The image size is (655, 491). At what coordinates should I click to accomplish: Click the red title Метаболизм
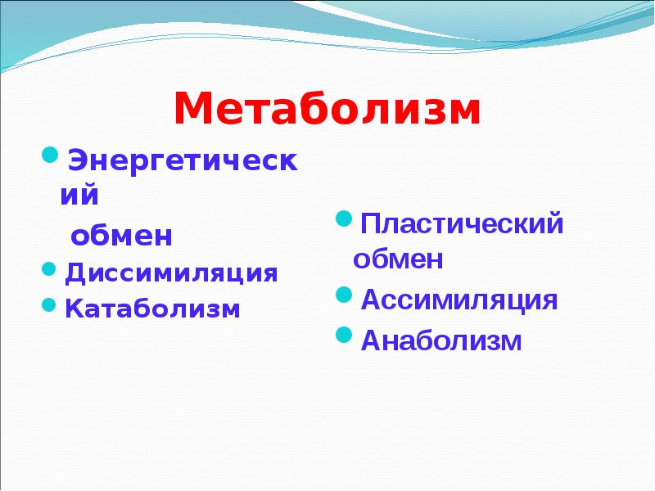[x=327, y=109]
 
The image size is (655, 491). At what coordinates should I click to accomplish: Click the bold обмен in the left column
[x=121, y=236]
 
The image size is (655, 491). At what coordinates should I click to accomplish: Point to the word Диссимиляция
[x=172, y=273]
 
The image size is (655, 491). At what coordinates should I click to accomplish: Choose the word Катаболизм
[x=153, y=309]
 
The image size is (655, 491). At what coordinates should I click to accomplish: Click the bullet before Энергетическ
[x=51, y=154]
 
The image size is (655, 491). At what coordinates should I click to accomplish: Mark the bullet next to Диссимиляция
[x=51, y=269]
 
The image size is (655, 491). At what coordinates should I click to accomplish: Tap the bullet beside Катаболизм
[x=51, y=306]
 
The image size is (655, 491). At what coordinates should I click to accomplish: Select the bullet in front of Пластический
[x=345, y=219]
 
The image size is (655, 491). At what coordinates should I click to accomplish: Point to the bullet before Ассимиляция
[x=345, y=295]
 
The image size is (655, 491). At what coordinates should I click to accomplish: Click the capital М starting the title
[x=194, y=109]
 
